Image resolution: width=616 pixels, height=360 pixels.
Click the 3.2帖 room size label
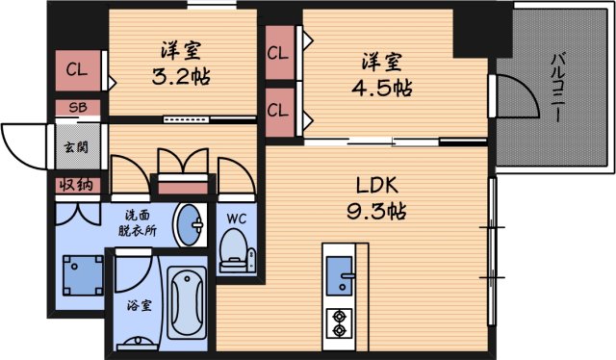pos(181,76)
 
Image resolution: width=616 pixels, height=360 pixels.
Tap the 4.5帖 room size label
pos(381,88)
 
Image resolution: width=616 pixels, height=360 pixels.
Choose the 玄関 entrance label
pos(73,148)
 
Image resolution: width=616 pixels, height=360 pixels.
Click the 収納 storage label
pos(73,185)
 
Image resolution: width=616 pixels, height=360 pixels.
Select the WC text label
pos(236,218)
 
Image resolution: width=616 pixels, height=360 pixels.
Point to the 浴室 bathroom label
pos(140,306)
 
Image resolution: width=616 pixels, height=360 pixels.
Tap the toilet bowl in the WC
pos(234,253)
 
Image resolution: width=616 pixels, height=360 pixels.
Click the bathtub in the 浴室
pos(189,302)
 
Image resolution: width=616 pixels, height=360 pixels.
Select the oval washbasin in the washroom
pos(188,225)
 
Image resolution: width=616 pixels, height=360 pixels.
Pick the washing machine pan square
pos(82,273)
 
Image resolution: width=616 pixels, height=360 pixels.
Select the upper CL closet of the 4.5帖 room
pos(278,54)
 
